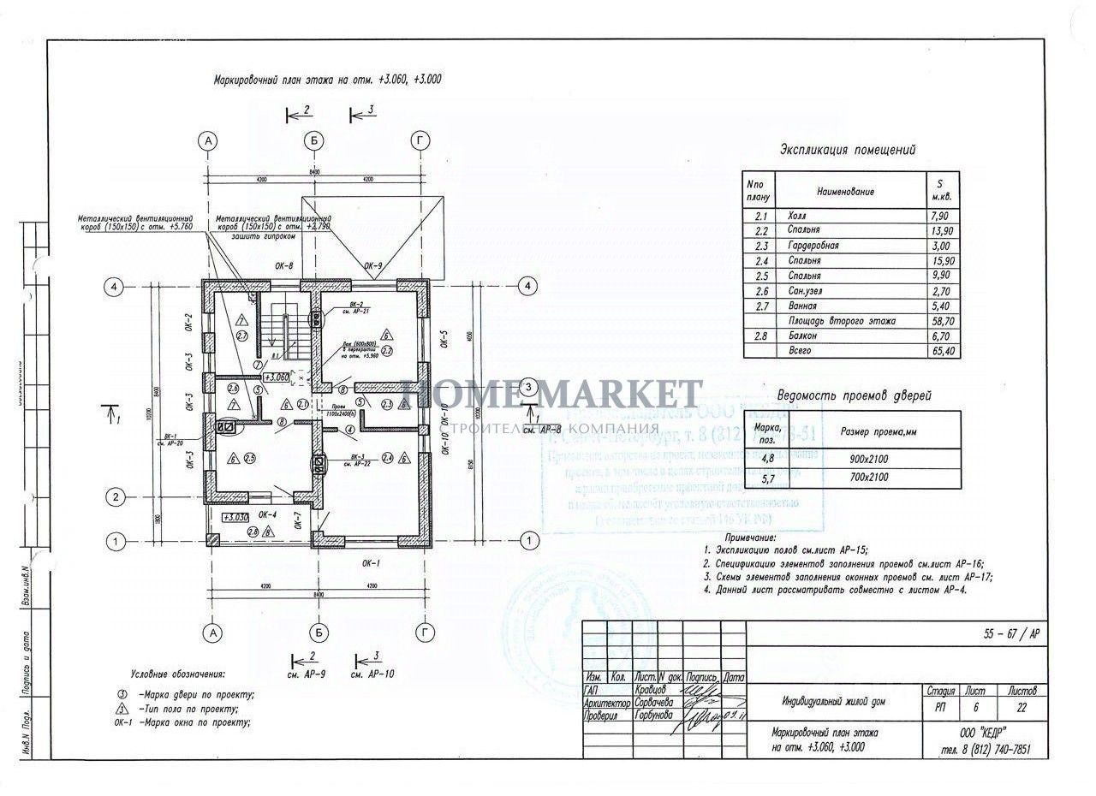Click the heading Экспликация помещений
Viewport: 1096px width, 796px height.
click(847, 150)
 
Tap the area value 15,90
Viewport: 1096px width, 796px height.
click(941, 261)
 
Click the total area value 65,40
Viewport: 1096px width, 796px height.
click(941, 352)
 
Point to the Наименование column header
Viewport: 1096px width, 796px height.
click(845, 192)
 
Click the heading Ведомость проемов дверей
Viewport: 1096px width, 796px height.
click(853, 395)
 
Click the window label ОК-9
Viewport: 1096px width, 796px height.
click(373, 265)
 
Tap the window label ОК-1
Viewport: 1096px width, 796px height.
click(371, 563)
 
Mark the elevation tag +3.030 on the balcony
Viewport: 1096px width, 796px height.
click(234, 517)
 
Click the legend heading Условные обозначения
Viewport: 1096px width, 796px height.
click(177, 674)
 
